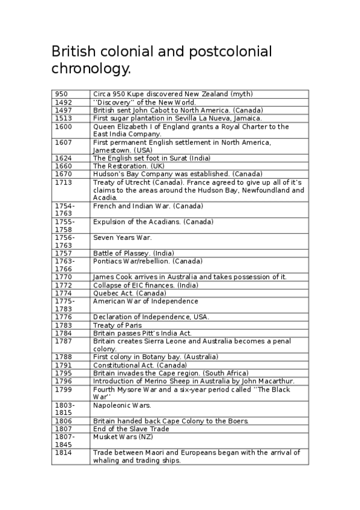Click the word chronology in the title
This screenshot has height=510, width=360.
[90, 70]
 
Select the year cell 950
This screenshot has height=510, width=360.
[61, 94]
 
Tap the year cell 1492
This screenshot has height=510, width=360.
[63, 102]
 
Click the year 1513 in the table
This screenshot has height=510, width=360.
[63, 118]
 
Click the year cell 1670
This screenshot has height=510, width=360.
[63, 174]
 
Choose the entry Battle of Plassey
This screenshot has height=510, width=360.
[126, 253]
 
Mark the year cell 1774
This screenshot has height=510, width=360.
[63, 293]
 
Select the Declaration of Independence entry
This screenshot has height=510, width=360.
[151, 317]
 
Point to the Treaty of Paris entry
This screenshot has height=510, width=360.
[117, 325]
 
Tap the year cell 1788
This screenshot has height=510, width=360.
[63, 357]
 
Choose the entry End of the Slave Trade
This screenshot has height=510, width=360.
[131, 429]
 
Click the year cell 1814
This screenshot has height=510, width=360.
[63, 452]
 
